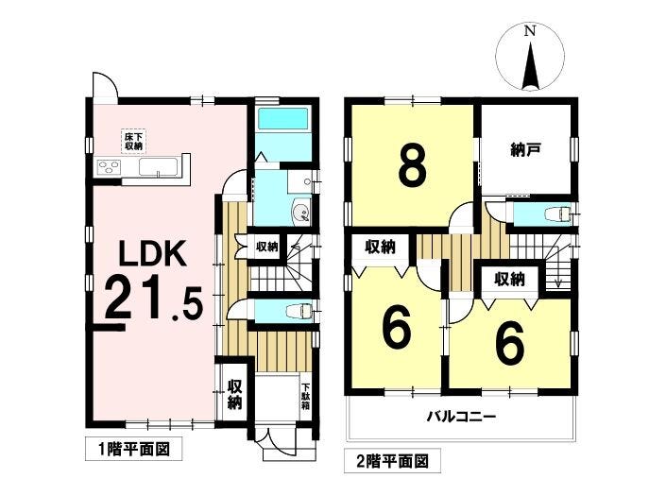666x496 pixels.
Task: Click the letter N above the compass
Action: click(x=530, y=31)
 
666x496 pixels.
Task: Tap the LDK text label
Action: click(x=157, y=256)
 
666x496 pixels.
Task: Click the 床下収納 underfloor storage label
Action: click(x=133, y=142)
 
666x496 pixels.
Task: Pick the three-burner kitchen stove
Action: click(x=110, y=168)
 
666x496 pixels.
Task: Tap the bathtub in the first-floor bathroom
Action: click(x=283, y=120)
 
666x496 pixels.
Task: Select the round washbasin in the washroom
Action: click(x=300, y=211)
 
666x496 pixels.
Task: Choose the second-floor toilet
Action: click(x=559, y=214)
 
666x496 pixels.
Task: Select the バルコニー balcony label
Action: click(x=461, y=416)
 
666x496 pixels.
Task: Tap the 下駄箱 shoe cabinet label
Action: click(x=305, y=390)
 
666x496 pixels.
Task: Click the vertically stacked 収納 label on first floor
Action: click(x=234, y=394)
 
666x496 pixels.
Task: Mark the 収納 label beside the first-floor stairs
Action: click(x=267, y=247)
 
